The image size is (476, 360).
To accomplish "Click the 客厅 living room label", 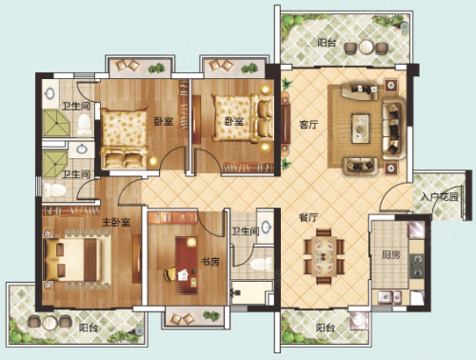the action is (308, 124).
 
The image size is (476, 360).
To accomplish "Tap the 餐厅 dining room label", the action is (308, 217).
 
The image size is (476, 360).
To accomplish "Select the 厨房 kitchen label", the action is (390, 254).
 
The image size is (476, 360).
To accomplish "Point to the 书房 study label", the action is (210, 262).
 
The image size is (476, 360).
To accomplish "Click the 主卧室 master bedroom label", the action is (116, 222).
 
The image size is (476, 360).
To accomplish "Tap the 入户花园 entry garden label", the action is (439, 197).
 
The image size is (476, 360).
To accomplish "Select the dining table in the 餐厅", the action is (324, 256).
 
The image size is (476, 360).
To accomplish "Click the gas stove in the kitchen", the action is (417, 266).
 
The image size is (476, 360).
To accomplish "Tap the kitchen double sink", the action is (389, 297).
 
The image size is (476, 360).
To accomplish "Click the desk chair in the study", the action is (169, 274).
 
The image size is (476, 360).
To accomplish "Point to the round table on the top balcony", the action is (367, 47).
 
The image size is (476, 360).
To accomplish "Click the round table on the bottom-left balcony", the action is (50, 323).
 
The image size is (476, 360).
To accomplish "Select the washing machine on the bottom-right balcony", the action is (359, 321).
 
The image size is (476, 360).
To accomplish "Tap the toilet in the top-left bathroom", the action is (84, 125).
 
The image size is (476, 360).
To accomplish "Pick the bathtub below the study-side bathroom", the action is (252, 292).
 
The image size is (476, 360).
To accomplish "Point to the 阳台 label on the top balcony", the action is (327, 42).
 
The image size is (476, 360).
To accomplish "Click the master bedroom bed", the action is (77, 259).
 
